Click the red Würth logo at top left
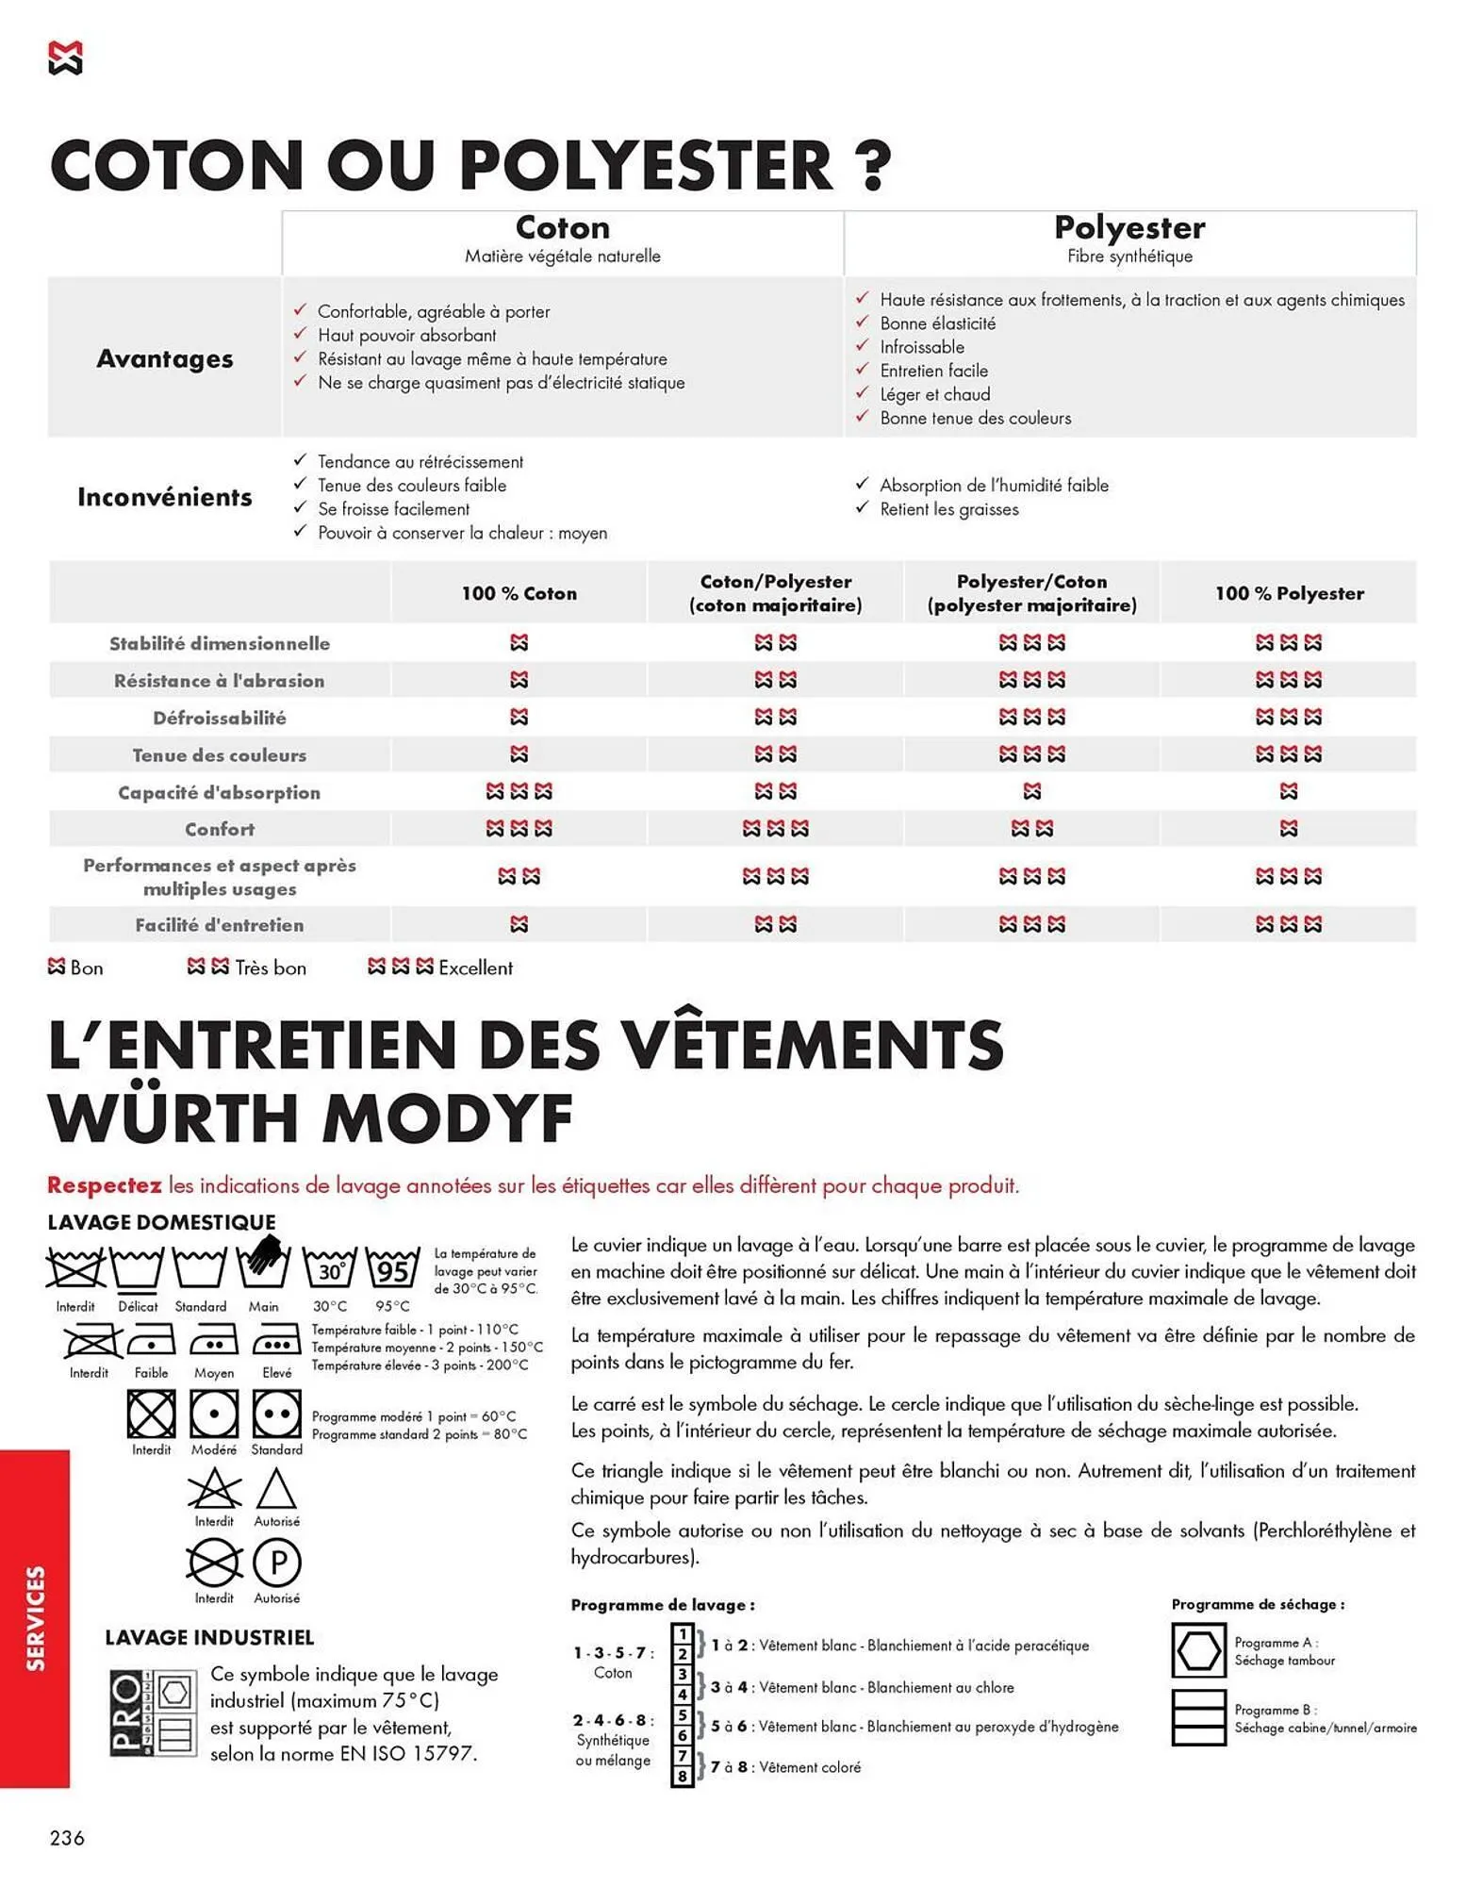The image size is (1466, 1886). pyautogui.click(x=65, y=58)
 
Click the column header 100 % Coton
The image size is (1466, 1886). pyautogui.click(x=519, y=593)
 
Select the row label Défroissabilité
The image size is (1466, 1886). pyautogui.click(x=220, y=718)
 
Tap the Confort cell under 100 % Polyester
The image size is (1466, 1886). pyautogui.click(x=1288, y=829)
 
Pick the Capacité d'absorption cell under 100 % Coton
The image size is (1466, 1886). pyautogui.click(x=519, y=791)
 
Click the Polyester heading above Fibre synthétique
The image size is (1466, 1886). pyautogui.click(x=1128, y=227)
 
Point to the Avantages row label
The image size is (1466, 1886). pyautogui.click(x=165, y=358)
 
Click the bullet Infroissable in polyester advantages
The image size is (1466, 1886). pyautogui.click(x=921, y=347)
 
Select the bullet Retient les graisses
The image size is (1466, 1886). pyautogui.click(x=948, y=509)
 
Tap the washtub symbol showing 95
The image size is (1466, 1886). pyautogui.click(x=392, y=1270)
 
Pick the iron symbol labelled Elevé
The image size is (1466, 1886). pyautogui.click(x=276, y=1341)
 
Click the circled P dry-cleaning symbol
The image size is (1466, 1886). pyautogui.click(x=277, y=1563)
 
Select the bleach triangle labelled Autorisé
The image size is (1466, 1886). pyautogui.click(x=276, y=1491)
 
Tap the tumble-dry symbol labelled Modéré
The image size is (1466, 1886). pyautogui.click(x=214, y=1414)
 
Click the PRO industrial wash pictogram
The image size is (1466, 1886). pyautogui.click(x=153, y=1714)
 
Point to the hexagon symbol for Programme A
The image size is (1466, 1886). pyautogui.click(x=1198, y=1650)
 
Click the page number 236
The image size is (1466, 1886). pyautogui.click(x=67, y=1838)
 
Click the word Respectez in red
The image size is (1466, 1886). pyautogui.click(x=104, y=1185)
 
